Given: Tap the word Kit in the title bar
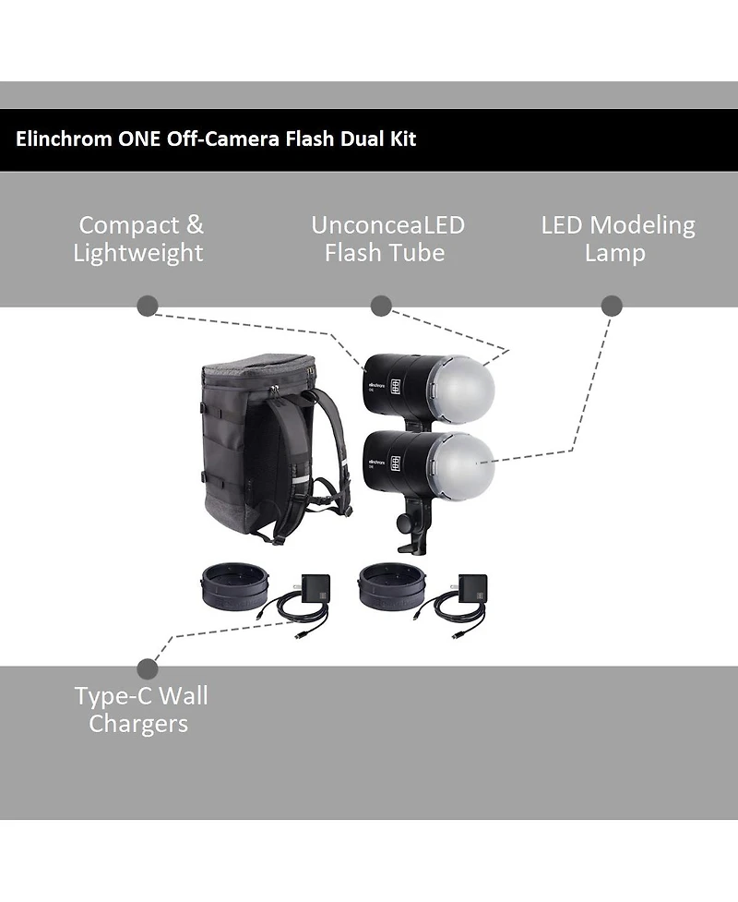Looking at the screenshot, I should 400,139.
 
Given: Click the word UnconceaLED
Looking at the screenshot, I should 387,225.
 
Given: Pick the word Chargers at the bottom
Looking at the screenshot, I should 138,724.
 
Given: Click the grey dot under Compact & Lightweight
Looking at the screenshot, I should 148,307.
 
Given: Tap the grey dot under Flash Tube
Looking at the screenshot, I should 381,307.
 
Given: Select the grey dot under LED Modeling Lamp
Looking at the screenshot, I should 612,307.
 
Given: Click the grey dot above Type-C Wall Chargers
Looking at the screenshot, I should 148,669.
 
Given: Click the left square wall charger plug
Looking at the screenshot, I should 315,587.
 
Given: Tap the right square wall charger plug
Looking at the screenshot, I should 472,587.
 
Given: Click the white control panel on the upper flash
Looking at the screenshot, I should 395,388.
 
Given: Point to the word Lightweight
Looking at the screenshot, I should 138,253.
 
